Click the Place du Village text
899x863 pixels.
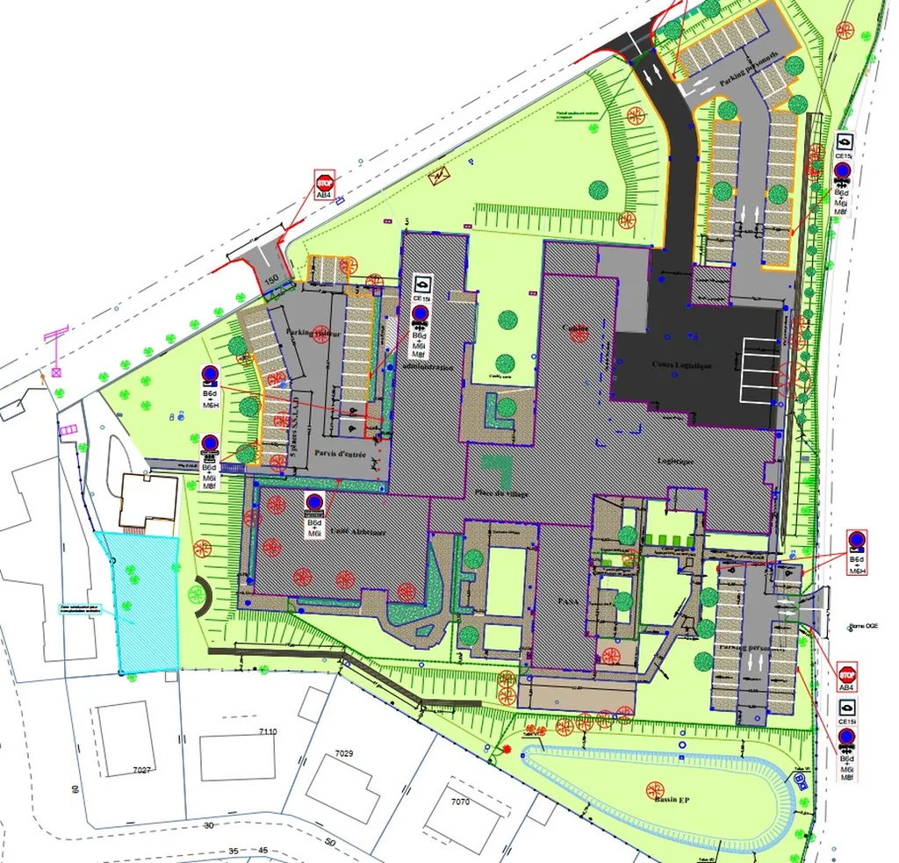click(x=501, y=493)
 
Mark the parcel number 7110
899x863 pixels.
click(x=267, y=731)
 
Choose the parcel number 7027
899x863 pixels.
click(x=143, y=770)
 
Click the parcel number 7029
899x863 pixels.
click(x=343, y=753)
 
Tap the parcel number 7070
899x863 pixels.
click(x=460, y=802)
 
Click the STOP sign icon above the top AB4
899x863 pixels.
click(x=324, y=183)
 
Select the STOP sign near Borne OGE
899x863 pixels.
click(x=847, y=674)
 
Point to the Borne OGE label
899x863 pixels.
click(x=863, y=626)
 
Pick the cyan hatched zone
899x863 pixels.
click(x=140, y=606)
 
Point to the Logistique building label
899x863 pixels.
click(x=676, y=461)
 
